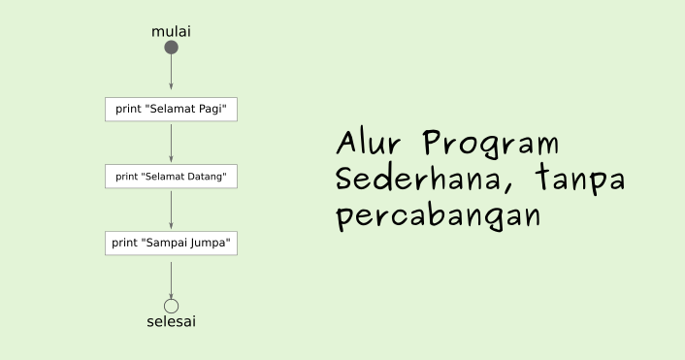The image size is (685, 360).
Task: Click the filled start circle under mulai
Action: pyautogui.click(x=171, y=47)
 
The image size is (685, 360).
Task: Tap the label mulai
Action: pyautogui.click(x=171, y=31)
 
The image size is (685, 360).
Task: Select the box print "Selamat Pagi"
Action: pyautogui.click(x=171, y=109)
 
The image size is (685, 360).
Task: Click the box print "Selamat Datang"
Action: pyautogui.click(x=171, y=177)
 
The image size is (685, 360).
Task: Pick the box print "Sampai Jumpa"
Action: pyautogui.click(x=171, y=243)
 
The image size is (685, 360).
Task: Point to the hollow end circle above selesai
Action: pyautogui.click(x=171, y=307)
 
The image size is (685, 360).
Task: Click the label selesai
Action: pyautogui.click(x=171, y=322)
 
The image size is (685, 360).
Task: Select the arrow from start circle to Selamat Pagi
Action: pyautogui.click(x=171, y=74)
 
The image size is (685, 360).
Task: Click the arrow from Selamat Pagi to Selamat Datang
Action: pyautogui.click(x=171, y=143)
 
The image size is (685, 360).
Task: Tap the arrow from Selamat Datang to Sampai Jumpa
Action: pyautogui.click(x=171, y=210)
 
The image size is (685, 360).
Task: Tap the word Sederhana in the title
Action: pyautogui.click(x=420, y=180)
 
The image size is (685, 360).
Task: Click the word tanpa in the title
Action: pyautogui.click(x=578, y=180)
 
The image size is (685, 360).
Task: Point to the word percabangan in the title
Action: pyautogui.click(x=438, y=215)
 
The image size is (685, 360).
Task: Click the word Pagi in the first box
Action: pyautogui.click(x=212, y=109)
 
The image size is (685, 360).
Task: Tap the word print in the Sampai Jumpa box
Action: pyautogui.click(x=125, y=243)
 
